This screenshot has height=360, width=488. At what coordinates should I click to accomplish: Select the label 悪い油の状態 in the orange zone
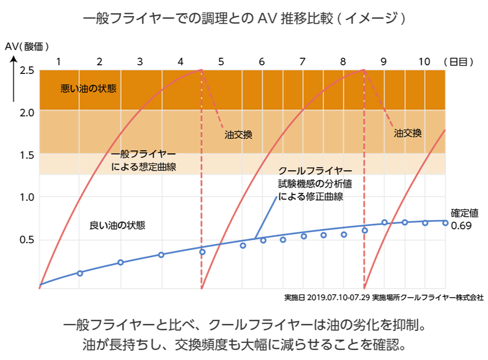tap(89, 89)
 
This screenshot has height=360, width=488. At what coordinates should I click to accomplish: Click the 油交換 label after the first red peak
tap(238, 135)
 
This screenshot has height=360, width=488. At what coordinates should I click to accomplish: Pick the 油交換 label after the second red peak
tap(408, 133)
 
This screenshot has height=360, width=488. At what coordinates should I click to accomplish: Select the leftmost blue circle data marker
tap(79, 273)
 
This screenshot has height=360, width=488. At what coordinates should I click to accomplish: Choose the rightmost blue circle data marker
tap(445, 222)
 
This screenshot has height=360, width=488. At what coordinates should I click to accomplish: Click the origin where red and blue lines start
tap(39, 288)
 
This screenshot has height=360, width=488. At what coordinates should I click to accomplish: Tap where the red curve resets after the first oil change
tap(201, 288)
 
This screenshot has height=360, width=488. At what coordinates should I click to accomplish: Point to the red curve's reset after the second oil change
tap(364, 288)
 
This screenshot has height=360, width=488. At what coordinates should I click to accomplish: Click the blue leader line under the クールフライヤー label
tap(266, 215)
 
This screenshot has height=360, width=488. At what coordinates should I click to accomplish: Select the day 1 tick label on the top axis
tap(58, 62)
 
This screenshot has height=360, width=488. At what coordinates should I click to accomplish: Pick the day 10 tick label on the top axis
tap(424, 62)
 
